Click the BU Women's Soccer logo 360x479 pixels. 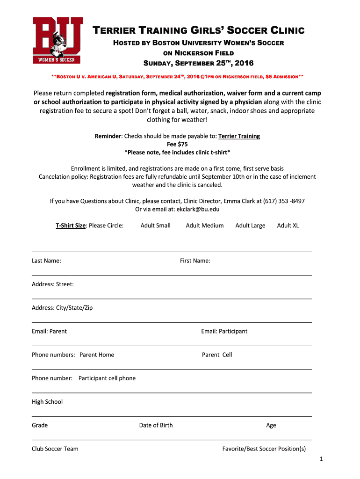[58, 40]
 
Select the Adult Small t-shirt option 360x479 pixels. [155, 225]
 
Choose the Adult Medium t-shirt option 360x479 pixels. [205, 225]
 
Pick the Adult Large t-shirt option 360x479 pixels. [250, 225]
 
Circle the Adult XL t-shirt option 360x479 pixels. [288, 225]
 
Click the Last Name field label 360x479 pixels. [46, 261]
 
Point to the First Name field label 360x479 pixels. [195, 261]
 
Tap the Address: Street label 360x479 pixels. [53, 284]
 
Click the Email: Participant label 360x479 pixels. [224, 331]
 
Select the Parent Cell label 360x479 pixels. [217, 355]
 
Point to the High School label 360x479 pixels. [47, 401]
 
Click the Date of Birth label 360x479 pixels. [156, 425]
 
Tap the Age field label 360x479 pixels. [271, 425]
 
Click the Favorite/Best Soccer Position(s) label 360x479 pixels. [264, 449]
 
